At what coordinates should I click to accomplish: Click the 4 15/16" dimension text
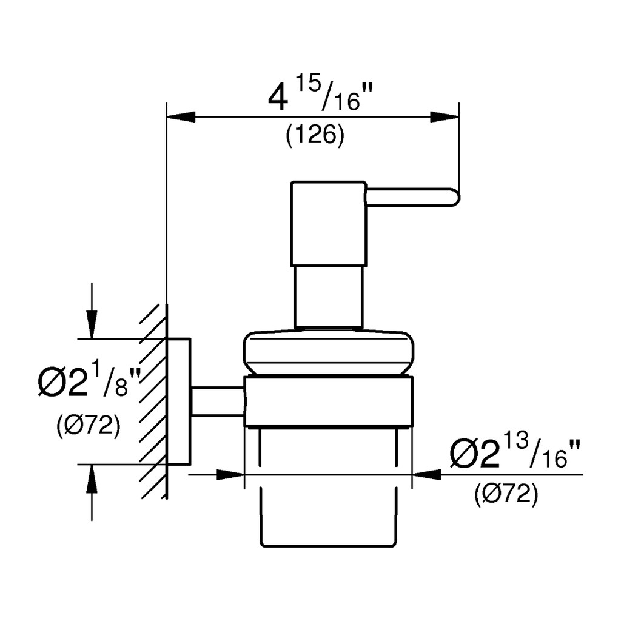click(315, 96)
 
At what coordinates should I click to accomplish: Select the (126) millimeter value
click(315, 136)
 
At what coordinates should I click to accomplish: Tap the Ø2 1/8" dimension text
click(90, 381)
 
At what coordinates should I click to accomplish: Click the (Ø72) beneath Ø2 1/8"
click(89, 426)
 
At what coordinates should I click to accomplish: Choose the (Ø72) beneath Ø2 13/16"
click(506, 494)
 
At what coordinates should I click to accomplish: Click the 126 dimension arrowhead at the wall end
click(181, 117)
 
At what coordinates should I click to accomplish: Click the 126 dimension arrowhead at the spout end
click(445, 117)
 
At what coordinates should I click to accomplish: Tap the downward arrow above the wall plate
click(92, 311)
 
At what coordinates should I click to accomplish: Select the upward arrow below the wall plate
click(92, 492)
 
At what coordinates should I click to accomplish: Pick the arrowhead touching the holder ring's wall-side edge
click(230, 474)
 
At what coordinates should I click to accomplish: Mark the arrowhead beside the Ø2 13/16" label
click(426, 474)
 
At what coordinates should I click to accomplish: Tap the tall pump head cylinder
click(329, 224)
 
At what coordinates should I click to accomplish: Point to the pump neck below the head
click(329, 297)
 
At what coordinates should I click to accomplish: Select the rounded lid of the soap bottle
click(329, 351)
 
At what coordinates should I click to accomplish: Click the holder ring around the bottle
click(329, 401)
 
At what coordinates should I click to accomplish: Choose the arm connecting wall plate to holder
click(218, 401)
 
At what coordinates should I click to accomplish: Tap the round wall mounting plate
click(179, 401)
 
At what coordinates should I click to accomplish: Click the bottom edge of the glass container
click(329, 546)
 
